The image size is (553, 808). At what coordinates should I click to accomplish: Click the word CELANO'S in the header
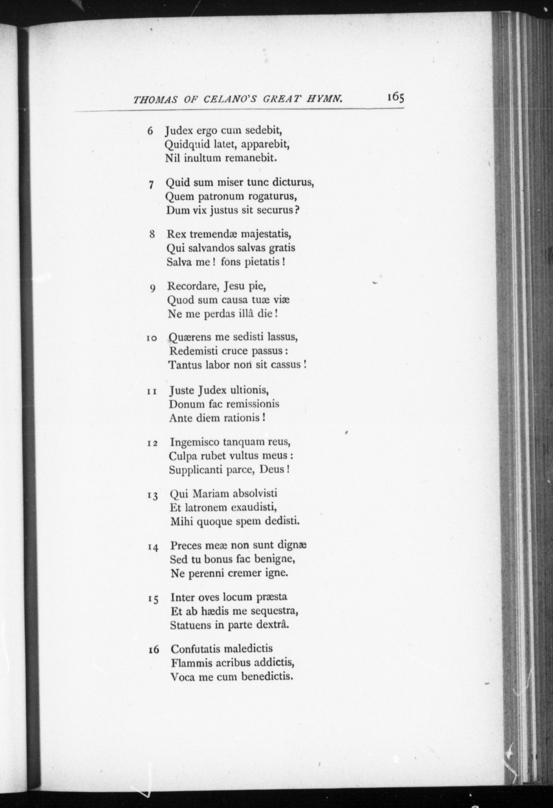(x=230, y=100)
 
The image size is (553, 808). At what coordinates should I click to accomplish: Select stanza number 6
(x=150, y=131)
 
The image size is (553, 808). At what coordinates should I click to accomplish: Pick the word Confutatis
(x=195, y=649)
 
